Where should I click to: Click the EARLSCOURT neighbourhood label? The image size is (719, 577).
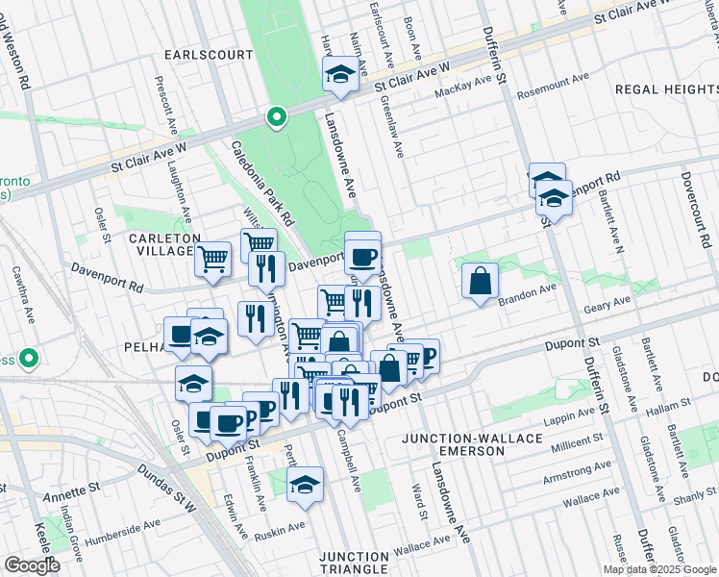208,55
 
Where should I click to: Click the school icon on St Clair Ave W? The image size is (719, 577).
340,73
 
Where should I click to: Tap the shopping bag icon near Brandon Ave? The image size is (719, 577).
480,280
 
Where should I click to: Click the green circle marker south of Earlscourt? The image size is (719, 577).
277,117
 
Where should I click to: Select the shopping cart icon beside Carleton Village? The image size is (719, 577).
213,257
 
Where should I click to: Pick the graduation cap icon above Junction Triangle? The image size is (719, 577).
306,484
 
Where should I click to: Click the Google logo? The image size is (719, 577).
33,565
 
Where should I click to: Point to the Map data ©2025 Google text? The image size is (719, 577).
658,569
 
